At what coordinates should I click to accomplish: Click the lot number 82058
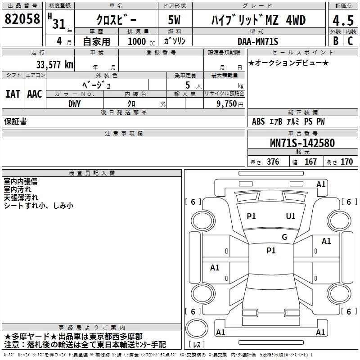pos(22,19)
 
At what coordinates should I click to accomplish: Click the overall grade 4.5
pos(343,20)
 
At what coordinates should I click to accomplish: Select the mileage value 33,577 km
pos(55,65)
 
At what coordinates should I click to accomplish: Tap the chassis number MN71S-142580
pos(302,143)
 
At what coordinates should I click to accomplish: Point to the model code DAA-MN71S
pos(258,41)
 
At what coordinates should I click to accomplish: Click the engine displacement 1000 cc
pos(141,41)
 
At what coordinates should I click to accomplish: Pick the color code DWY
pos(74,104)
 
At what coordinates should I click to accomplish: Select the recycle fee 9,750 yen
pos(230,104)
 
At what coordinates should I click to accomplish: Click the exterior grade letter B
pos(336,41)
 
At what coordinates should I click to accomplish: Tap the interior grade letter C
pos(350,41)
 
